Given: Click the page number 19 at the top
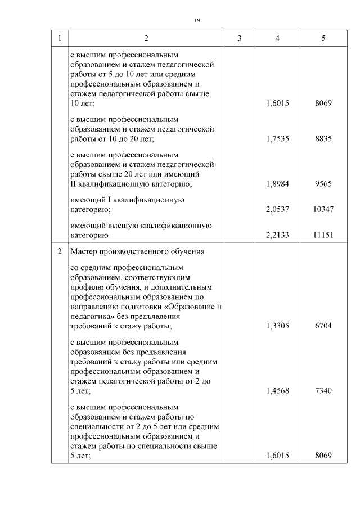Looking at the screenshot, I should pos(197,20).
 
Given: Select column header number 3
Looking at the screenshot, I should pos(240,38).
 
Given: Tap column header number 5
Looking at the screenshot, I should pos(323,38).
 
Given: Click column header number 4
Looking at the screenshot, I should pos(277,38).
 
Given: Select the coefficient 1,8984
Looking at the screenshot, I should pos(277,184).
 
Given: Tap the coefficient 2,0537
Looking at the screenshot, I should pos(277,209).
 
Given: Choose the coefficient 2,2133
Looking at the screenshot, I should pos(277,235).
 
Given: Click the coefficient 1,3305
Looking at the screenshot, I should pos(277,326).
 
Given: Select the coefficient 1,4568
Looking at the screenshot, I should pos(277,391).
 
